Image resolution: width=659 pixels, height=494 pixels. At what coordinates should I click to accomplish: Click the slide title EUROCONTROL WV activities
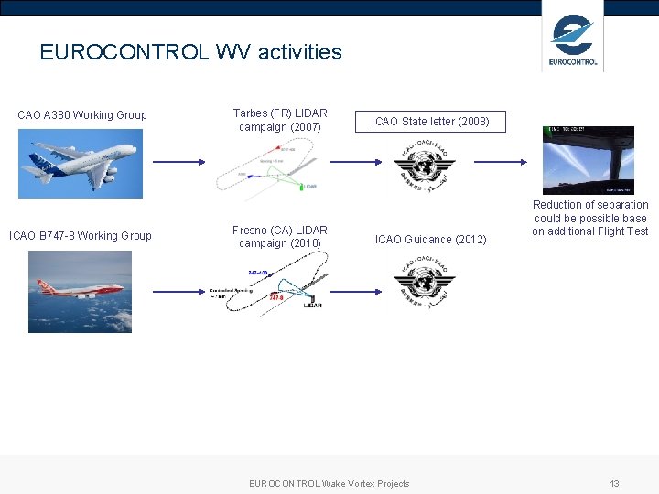point(190,52)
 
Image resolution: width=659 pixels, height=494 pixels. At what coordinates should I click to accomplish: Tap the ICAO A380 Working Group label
point(81,115)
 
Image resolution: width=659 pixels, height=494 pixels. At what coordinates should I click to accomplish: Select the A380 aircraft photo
point(81,164)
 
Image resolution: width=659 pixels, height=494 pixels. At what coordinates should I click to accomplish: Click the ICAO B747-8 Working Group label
point(81,236)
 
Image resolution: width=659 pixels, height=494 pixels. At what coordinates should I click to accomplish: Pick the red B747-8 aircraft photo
point(80,291)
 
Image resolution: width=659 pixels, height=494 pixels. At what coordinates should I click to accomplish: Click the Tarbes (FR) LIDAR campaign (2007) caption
point(280,121)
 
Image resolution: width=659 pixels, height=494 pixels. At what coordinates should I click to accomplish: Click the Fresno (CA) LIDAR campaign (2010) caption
point(280,236)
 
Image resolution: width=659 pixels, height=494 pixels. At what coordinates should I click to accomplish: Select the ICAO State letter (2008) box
point(430,121)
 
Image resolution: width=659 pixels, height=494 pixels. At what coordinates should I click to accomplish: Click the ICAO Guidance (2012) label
point(431,240)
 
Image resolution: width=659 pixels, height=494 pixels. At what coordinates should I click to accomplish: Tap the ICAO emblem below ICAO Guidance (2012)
point(424,283)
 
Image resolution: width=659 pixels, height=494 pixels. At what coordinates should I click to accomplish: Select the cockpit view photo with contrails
point(588,160)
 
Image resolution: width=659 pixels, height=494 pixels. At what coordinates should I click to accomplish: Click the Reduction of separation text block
point(590,218)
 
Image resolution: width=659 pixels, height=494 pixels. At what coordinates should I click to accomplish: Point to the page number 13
point(615,483)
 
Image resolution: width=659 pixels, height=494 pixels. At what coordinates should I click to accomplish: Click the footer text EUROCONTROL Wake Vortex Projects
point(329,483)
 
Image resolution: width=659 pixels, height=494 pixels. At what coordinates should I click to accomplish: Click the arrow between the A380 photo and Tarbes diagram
point(179,163)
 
